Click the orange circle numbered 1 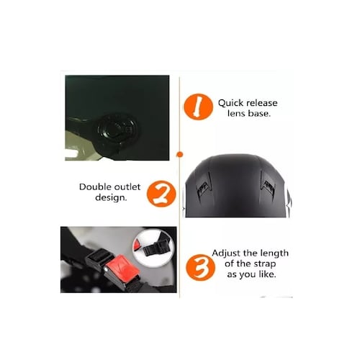click(198, 107)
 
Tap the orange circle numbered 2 click(161, 194)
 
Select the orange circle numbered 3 click(201, 268)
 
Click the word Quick click(230, 103)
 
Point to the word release click(262, 103)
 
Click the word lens click(236, 113)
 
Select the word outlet click(127, 186)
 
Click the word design click(111, 198)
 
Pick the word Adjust click(226, 253)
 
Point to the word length click(274, 253)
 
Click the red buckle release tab click(122, 266)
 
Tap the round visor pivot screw click(117, 130)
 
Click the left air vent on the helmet click(204, 185)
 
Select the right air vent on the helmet click(269, 185)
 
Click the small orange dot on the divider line click(180, 154)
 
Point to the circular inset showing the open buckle click(153, 248)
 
